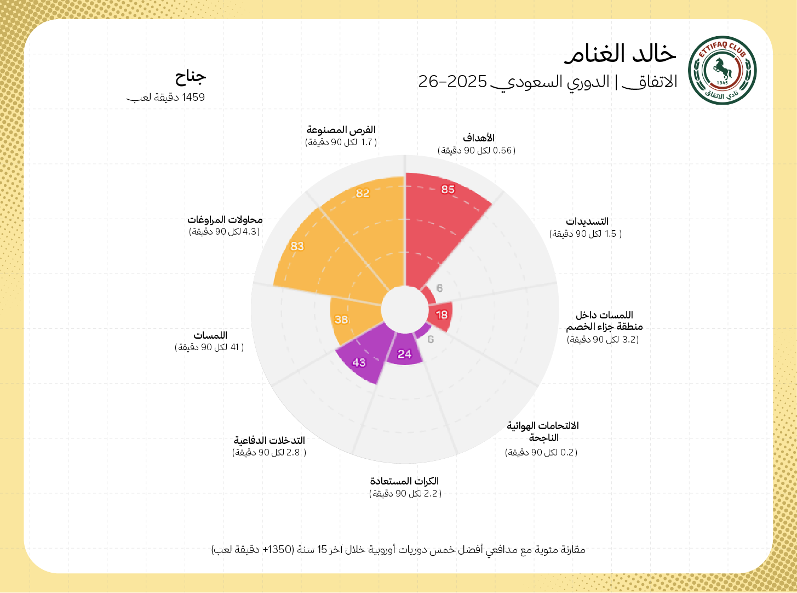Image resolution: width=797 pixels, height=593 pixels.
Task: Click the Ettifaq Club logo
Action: [722, 70]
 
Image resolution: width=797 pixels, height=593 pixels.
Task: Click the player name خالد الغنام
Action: [621, 53]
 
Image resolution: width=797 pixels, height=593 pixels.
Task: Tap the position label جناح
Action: [191, 76]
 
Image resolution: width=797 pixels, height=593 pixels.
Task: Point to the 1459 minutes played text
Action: [166, 98]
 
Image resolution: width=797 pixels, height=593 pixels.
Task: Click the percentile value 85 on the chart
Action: [448, 189]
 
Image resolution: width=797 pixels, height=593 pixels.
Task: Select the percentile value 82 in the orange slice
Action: [363, 193]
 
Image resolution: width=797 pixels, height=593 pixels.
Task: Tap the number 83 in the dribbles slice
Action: [297, 246]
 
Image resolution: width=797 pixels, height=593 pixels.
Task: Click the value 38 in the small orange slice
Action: [341, 320]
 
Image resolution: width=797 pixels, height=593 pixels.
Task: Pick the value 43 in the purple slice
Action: [359, 362]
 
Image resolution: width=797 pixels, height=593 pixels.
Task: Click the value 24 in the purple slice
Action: [404, 354]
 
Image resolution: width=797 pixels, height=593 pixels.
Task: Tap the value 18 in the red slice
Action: [441, 315]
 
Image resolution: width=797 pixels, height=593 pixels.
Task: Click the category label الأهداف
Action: [479, 138]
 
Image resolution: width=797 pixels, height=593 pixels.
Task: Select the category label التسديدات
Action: [587, 221]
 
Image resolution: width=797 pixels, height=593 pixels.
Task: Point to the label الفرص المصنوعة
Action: [341, 130]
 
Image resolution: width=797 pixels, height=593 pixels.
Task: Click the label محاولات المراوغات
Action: [225, 220]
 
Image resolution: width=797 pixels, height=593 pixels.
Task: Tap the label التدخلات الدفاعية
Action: [270, 440]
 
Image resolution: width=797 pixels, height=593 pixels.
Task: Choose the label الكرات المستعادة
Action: [404, 481]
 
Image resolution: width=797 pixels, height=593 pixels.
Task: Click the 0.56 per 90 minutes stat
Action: [477, 150]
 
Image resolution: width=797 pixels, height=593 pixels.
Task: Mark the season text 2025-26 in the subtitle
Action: [452, 82]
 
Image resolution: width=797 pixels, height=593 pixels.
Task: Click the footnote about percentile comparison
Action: [398, 549]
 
